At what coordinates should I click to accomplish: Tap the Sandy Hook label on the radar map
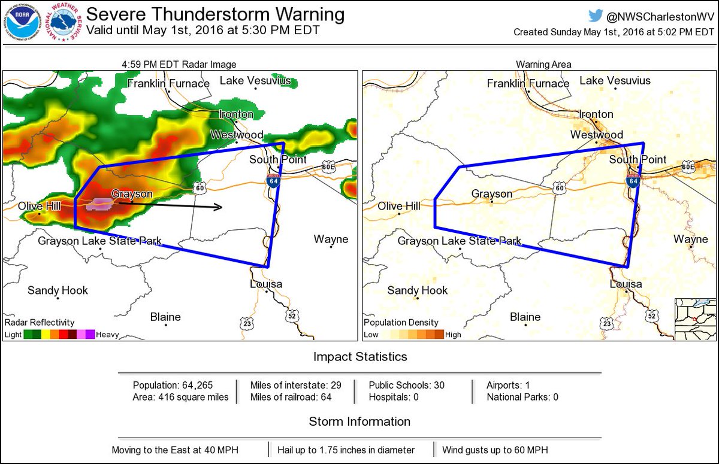[58, 290]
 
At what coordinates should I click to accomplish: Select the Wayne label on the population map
[690, 239]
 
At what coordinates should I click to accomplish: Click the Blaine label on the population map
[525, 317]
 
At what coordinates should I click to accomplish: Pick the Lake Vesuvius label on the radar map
[255, 80]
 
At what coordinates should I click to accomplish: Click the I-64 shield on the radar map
[273, 181]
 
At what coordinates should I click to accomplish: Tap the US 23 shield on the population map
[607, 323]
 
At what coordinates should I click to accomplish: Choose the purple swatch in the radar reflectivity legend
[90, 335]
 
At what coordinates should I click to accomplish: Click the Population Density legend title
[401, 323]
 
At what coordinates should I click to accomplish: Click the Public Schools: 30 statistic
[406, 385]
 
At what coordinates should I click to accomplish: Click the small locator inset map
[695, 319]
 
